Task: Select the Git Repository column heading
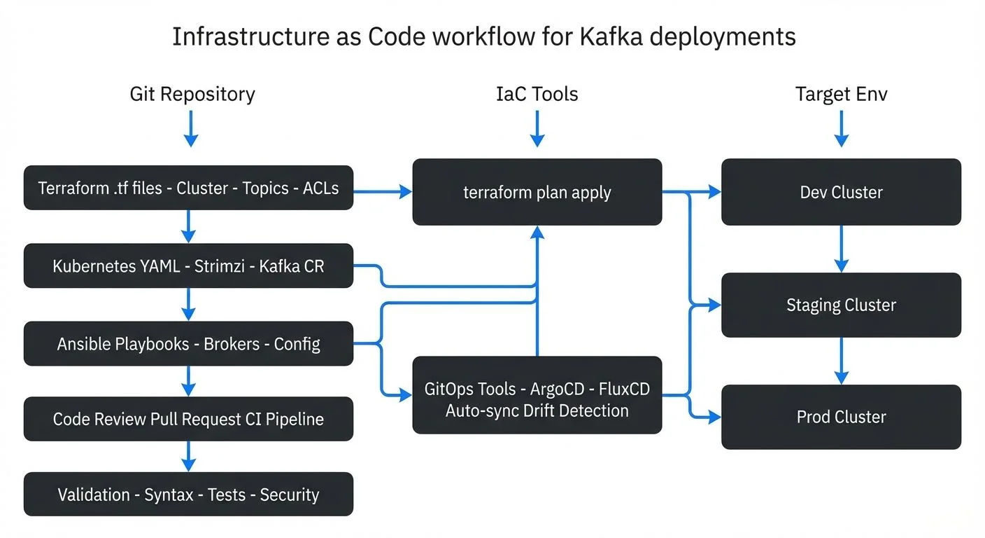(x=192, y=94)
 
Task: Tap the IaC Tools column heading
(x=537, y=94)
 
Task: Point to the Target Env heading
(x=841, y=94)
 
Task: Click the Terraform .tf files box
(x=188, y=188)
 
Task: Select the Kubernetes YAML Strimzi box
(x=188, y=266)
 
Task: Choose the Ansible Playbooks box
(x=188, y=344)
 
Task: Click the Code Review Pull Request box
(x=188, y=419)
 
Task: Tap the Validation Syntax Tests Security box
(x=188, y=495)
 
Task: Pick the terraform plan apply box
(x=537, y=192)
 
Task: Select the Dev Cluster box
(x=841, y=192)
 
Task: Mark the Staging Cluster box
(x=841, y=305)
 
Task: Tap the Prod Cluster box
(x=841, y=417)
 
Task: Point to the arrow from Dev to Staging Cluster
(x=842, y=249)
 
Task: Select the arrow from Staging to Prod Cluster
(x=842, y=361)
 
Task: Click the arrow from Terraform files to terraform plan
(x=382, y=190)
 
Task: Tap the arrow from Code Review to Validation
(x=187, y=456)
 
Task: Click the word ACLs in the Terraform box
(x=320, y=188)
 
